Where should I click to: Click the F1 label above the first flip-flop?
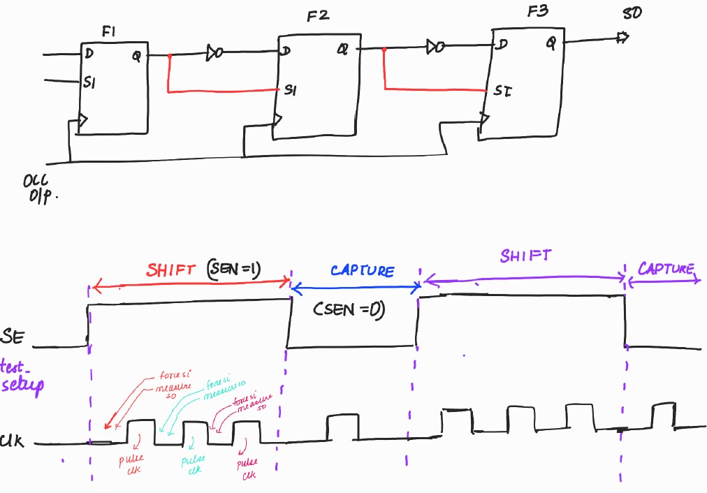pos(110,31)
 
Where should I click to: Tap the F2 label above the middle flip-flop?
pos(318,15)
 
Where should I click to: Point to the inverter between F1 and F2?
pos(214,52)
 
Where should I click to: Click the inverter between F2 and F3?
pos(435,47)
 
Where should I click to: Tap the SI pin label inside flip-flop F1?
pos(89,82)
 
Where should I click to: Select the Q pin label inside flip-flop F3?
pos(551,43)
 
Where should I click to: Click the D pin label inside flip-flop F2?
pos(286,50)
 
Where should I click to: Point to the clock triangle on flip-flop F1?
pos(83,121)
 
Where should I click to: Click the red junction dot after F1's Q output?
pos(169,55)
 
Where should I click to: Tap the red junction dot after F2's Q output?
pos(384,50)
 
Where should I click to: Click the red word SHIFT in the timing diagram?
pos(172,270)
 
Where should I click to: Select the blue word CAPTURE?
pos(363,270)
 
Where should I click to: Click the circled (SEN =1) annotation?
pos(234,269)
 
